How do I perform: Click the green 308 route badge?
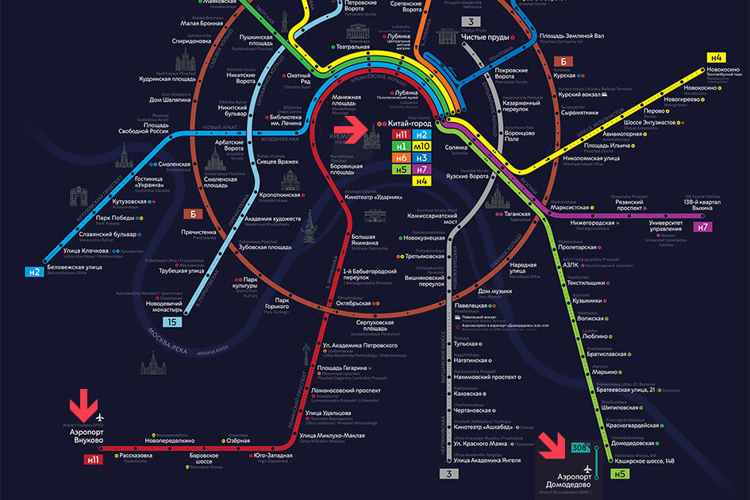(x=579, y=448)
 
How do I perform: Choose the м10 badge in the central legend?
(x=421, y=147)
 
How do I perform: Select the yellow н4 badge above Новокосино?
(x=717, y=58)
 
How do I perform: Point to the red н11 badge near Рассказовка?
(x=94, y=459)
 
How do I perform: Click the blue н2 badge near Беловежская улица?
(x=33, y=271)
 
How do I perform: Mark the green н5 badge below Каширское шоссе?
(x=620, y=475)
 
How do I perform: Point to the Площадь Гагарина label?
(x=342, y=367)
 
